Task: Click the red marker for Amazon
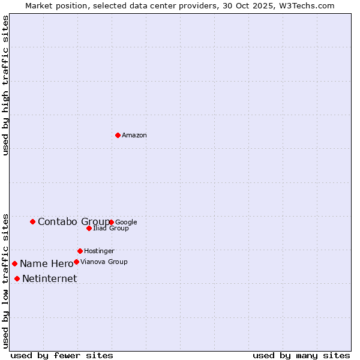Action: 118,135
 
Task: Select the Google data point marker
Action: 112,222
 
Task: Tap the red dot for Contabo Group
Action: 32,221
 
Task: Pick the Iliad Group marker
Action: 89,228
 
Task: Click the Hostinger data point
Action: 80,251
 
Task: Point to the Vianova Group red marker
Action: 76,262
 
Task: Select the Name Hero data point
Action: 14,263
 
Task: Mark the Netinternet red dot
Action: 17,278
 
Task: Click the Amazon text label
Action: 134,136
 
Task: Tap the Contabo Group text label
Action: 73,222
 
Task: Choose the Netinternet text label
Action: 49,279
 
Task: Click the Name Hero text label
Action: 46,264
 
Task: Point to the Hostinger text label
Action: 99,251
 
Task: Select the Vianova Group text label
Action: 104,262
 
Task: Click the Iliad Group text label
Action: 111,229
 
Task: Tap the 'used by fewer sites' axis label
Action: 62,355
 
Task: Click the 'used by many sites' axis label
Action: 301,355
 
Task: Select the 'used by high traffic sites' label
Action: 5,85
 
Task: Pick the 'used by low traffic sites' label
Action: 5,280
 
